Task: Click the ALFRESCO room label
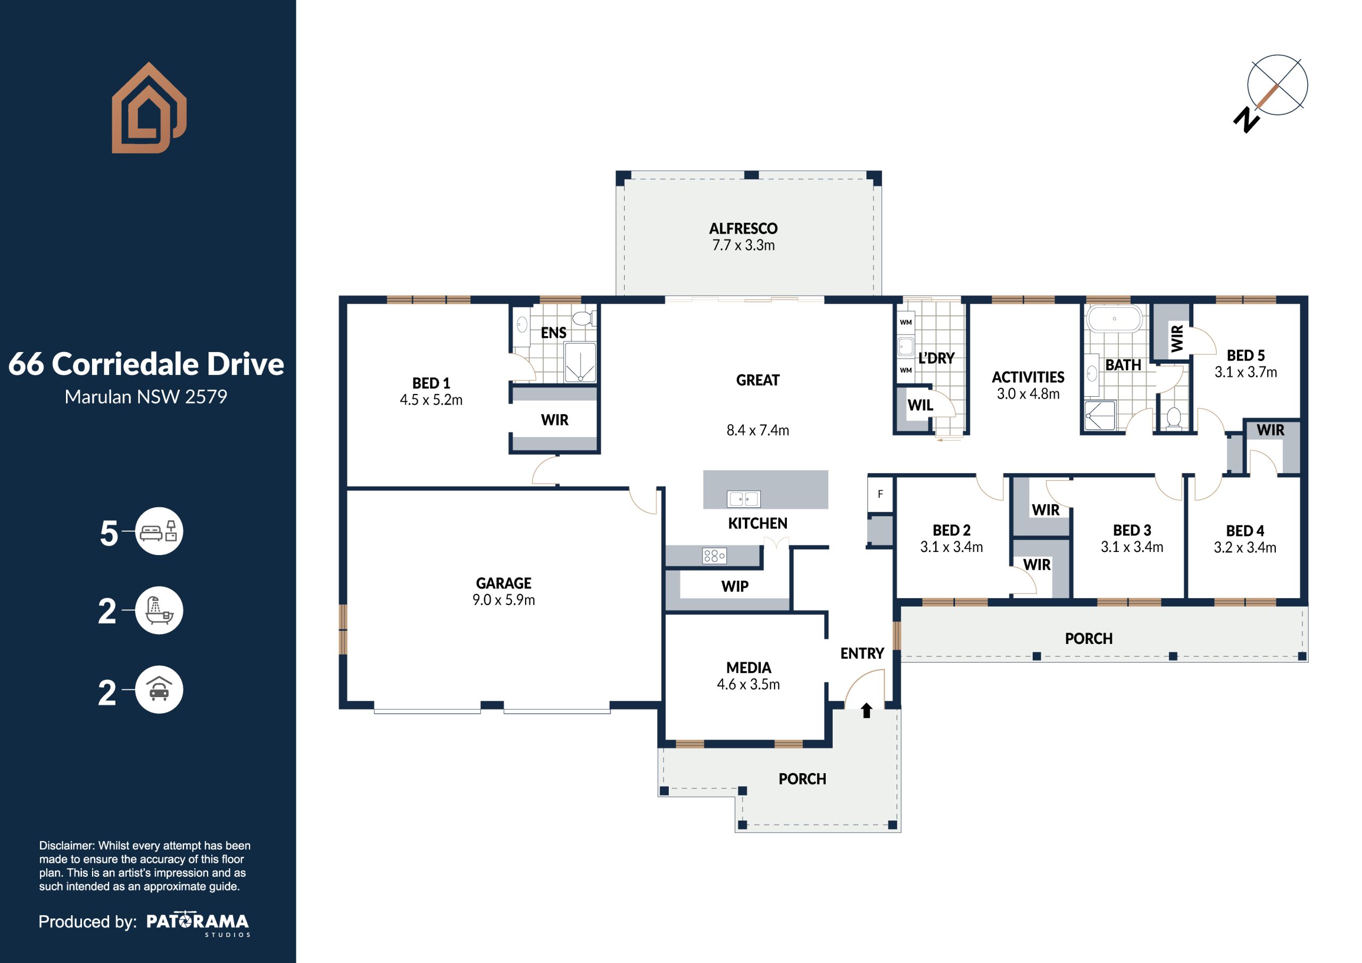[x=743, y=228]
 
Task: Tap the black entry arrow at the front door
[x=866, y=710]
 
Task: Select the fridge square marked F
[x=881, y=494]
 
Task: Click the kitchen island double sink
[x=743, y=499]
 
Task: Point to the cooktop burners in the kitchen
[x=714, y=556]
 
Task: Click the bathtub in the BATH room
[x=1114, y=319]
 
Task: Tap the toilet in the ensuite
[x=583, y=318]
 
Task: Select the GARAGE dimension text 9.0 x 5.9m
[x=504, y=600]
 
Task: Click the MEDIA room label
[x=749, y=668]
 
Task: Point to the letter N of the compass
[x=1247, y=120]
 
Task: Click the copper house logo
[x=150, y=108]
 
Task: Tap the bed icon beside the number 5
[x=159, y=531]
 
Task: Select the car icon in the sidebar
[x=159, y=690]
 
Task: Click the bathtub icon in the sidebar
[x=159, y=610]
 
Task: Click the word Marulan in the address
[x=98, y=397]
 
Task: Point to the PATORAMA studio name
[x=197, y=922]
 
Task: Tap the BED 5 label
[x=1245, y=356]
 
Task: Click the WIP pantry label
[x=735, y=587]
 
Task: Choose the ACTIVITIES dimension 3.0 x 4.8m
[x=1028, y=393]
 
